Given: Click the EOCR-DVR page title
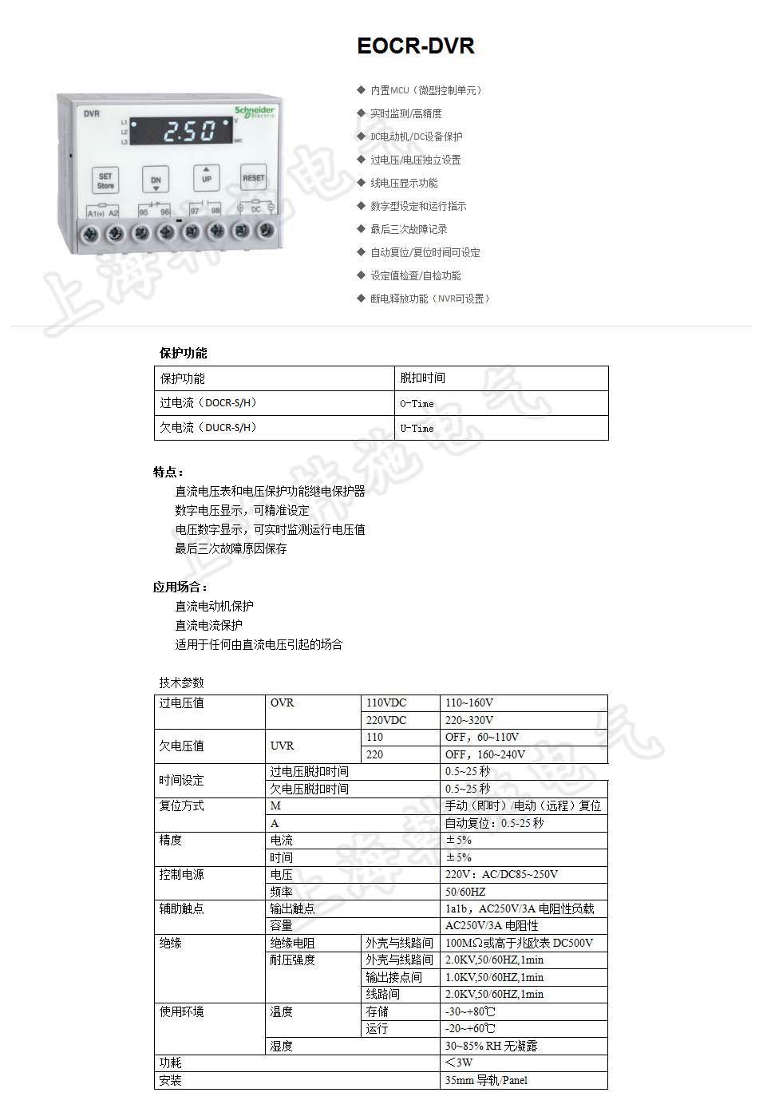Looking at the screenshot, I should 416,46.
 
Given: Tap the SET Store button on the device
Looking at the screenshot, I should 105,180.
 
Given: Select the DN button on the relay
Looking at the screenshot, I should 156,180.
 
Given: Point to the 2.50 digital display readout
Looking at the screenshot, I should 184,130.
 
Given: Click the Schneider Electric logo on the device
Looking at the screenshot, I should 255,111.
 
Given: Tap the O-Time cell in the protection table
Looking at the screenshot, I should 417,404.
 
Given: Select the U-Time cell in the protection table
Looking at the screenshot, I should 417,429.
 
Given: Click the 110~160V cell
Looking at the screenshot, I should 469,703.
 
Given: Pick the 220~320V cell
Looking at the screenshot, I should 469,720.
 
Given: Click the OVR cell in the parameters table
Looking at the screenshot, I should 283,703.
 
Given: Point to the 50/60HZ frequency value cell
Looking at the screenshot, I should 465,892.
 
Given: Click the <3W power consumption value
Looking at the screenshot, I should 459,1063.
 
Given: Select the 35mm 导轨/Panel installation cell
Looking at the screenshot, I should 486,1080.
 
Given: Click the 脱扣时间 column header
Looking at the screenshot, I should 423,378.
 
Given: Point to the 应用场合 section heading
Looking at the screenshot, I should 180,588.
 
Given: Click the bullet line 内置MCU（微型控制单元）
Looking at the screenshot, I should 425,91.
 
